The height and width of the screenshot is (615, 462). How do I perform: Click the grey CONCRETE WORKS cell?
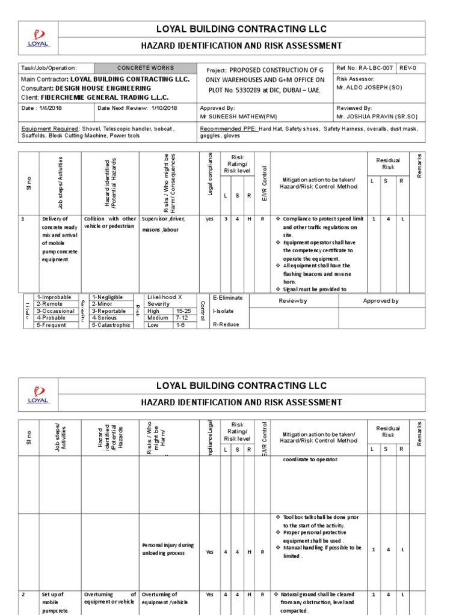pyautogui.click(x=145, y=68)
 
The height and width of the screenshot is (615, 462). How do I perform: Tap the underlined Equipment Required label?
pyautogui.click(x=50, y=129)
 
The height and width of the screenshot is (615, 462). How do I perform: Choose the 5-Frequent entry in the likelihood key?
pyautogui.click(x=54, y=325)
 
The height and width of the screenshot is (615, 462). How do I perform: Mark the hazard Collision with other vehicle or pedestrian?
pyautogui.click(x=110, y=223)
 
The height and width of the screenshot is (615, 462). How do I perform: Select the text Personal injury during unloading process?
pyautogui.click(x=168, y=549)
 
